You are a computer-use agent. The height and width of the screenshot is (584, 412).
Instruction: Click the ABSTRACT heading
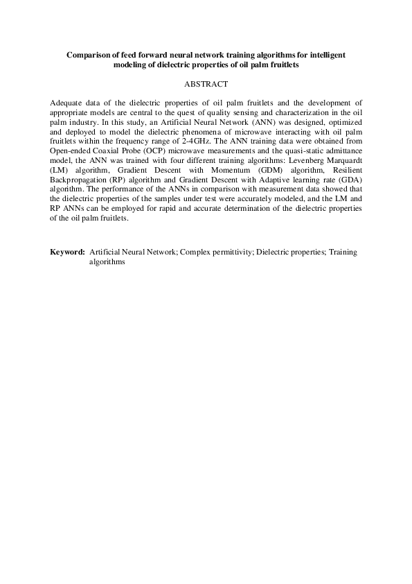tap(206, 84)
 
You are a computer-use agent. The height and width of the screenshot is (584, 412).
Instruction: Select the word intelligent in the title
tap(325, 53)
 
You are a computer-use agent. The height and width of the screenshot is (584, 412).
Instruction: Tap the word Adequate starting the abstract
tap(68, 102)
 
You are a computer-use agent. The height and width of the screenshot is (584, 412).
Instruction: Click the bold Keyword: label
tap(68, 253)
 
